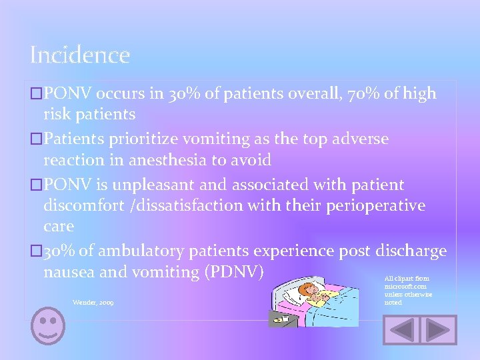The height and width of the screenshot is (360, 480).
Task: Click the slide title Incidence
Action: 79,55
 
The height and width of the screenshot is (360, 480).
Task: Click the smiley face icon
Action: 49,326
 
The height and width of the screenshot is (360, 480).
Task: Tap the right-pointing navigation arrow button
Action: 441,330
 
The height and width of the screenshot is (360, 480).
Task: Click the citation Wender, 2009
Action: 93,303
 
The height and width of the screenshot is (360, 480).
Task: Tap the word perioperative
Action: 375,205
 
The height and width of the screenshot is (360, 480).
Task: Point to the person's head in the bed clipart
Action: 309,291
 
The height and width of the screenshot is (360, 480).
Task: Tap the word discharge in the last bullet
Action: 406,251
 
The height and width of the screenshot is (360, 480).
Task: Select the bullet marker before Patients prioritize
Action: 37,139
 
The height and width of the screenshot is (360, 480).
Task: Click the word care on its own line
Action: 59,227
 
